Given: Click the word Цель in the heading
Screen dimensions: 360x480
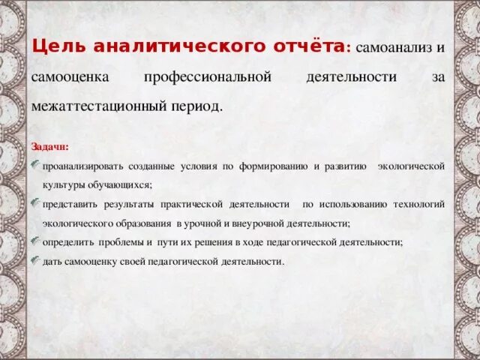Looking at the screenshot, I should coord(58,46).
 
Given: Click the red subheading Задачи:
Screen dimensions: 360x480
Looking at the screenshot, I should coord(50,146).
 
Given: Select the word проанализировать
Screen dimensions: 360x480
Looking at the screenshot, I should coord(82,165).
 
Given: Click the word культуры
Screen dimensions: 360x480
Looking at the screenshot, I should coord(62,184).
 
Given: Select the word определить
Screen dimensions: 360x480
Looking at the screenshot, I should coord(69,242).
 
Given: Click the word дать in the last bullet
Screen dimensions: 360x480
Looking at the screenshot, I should coord(52,262).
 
